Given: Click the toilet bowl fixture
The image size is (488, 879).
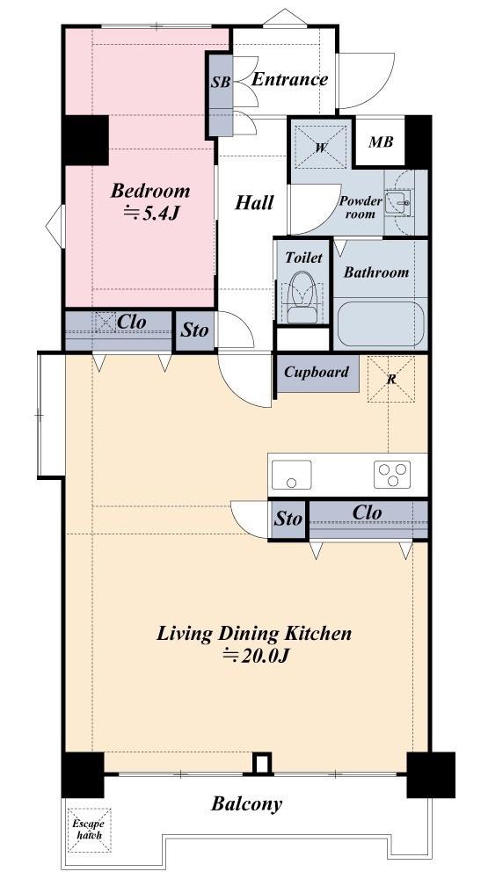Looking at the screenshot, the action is coord(302,297).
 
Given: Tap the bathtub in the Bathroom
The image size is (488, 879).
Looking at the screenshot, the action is coord(380,324).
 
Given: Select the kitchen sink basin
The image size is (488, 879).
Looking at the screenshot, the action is coord(291,475).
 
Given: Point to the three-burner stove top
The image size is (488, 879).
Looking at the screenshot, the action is coord(392,475).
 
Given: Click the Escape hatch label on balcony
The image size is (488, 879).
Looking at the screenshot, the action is coord(89,829).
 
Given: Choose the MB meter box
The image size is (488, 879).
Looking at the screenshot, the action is coord(381,142).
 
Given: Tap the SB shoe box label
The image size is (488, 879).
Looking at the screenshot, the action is coord(221,83).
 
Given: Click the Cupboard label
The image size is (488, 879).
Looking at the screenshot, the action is coord(317,372).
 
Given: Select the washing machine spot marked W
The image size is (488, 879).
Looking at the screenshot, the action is coord(321,148).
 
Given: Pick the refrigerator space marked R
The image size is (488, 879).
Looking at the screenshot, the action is coord(391,379).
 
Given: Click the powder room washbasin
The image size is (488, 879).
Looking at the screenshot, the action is coord(402,202).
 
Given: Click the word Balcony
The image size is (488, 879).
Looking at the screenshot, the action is coord(246,804).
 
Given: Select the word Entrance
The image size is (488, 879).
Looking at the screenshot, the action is coord(289,79).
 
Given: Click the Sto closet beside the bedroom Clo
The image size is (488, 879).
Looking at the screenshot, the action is coord(194,331).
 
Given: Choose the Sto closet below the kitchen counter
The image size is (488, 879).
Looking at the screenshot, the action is coord(288,519).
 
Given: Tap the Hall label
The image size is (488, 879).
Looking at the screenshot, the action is coord(254,202).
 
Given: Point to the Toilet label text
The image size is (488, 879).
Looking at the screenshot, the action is coord(303,258).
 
